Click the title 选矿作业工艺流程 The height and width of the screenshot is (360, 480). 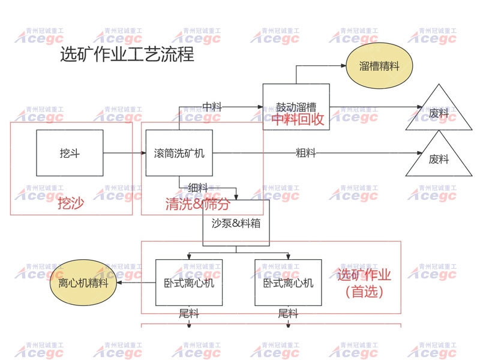click(127, 55)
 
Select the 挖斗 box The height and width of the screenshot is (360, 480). click(70, 153)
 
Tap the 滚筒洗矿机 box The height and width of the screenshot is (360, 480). click(179, 153)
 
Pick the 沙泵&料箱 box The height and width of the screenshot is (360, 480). click(236, 223)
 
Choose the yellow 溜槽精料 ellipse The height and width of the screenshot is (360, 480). click(379, 66)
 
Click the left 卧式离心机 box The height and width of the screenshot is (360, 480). click(189, 282)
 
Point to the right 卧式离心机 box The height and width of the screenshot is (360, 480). click(288, 282)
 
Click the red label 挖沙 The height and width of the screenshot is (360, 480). click(70, 203)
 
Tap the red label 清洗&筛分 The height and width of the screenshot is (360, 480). click(197, 204)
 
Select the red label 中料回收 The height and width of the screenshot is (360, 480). click(298, 119)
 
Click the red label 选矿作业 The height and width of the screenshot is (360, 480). click(364, 275)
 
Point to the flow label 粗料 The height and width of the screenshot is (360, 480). click(306, 153)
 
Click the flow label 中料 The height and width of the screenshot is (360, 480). click(212, 107)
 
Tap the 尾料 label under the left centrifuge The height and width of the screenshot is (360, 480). click(189, 313)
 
